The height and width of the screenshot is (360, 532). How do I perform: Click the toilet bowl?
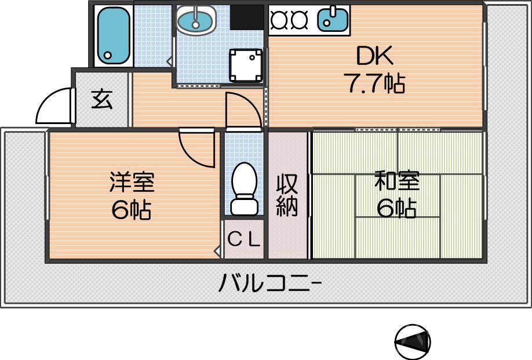click(244, 183)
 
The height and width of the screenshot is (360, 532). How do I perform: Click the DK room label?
click(374, 57)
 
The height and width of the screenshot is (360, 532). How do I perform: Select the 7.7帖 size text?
click(374, 85)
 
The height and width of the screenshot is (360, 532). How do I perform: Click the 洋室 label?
click(132, 182)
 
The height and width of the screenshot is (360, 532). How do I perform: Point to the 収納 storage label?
click(287, 195)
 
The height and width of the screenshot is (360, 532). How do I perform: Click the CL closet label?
click(244, 239)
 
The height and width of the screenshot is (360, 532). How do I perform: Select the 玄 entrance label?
click(101, 100)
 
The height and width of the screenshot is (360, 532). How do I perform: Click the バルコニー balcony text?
click(270, 284)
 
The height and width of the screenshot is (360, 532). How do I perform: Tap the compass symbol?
click(413, 341)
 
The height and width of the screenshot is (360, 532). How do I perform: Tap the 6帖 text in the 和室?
click(396, 208)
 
